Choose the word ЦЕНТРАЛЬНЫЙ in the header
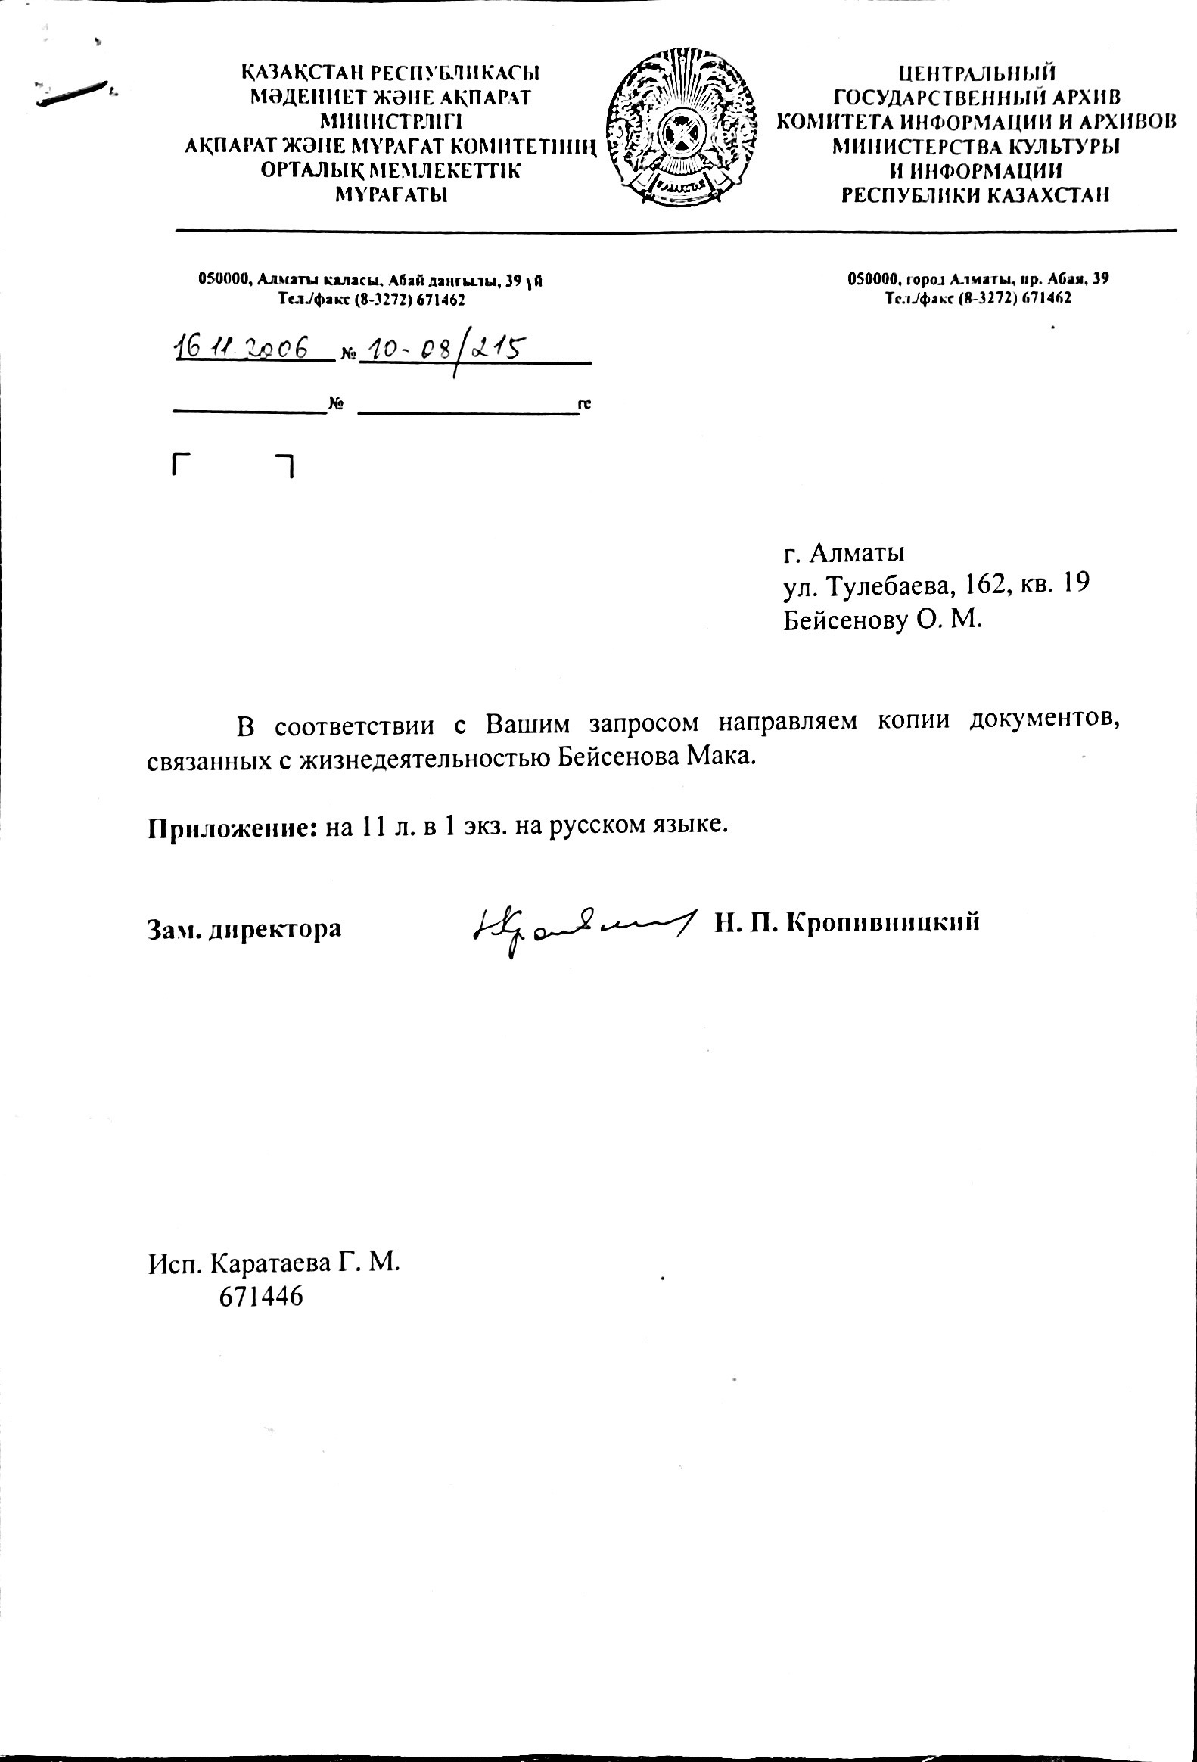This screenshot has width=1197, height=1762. [976, 73]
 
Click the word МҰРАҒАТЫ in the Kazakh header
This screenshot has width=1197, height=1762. [391, 195]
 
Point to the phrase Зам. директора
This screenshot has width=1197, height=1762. [244, 928]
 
